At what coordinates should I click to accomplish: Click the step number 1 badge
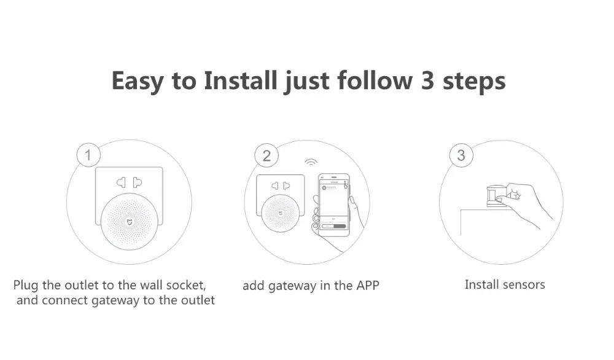point(88,155)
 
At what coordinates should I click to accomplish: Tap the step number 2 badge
point(266,155)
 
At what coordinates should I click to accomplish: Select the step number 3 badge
point(461,155)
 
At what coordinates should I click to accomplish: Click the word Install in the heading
point(241,80)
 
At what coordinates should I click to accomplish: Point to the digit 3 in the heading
point(427,80)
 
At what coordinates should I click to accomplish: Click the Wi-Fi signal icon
point(311,162)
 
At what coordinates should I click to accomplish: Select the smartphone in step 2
point(334,205)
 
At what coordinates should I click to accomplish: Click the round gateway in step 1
point(129,222)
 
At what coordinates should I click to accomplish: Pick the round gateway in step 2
point(281,213)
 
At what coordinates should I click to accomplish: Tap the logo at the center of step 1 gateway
point(129,222)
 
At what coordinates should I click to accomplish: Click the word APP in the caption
point(367,286)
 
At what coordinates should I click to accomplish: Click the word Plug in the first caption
point(26,286)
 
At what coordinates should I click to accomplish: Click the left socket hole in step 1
point(121,182)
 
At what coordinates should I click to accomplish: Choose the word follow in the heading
point(375,80)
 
